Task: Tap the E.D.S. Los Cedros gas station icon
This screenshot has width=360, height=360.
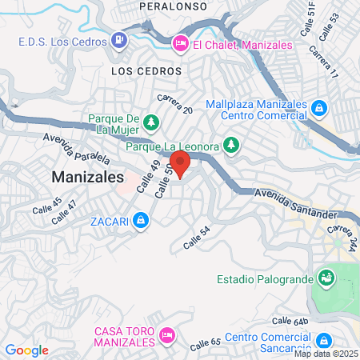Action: point(119,38)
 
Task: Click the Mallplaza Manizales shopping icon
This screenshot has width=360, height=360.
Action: point(319,107)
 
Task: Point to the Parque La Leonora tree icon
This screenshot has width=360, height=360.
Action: point(231,146)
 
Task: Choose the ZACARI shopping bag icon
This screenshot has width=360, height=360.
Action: point(140,219)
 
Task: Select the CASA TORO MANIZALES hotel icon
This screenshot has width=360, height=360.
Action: point(167,334)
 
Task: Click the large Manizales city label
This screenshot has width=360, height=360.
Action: point(87,176)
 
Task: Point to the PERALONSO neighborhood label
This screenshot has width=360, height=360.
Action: point(173,6)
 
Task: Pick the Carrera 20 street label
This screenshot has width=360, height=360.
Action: point(174,103)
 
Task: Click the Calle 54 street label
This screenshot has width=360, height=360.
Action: point(196,237)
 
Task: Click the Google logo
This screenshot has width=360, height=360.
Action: point(26,350)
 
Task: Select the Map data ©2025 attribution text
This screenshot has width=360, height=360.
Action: point(326,353)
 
